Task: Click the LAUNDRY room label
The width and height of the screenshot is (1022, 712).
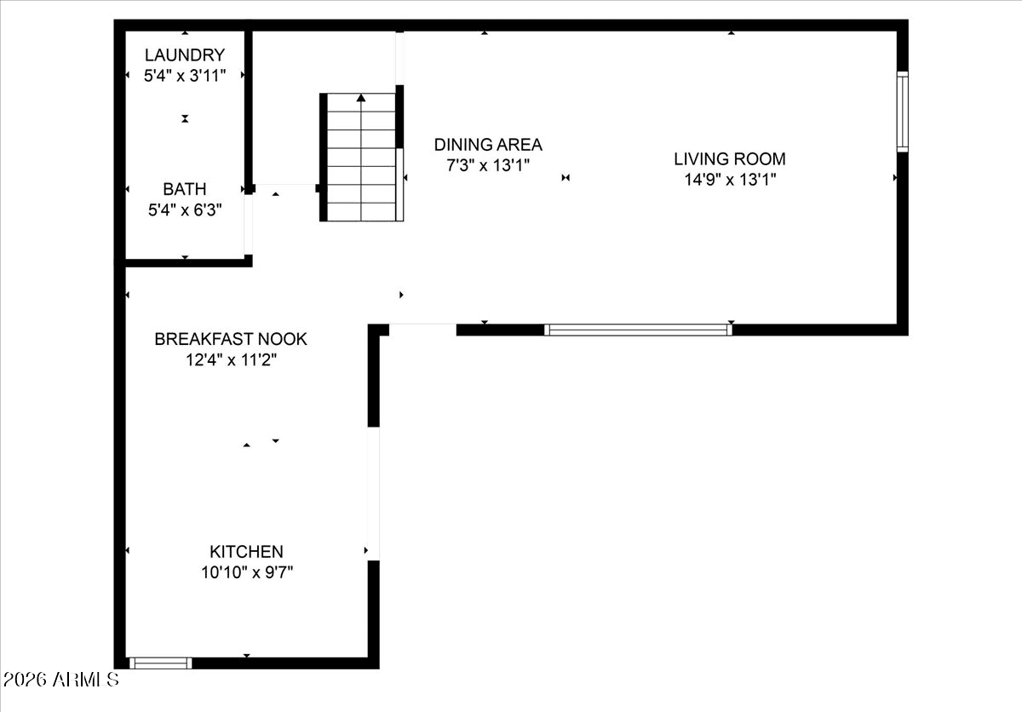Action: coord(185,55)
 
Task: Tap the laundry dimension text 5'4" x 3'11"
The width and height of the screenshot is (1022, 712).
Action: coord(185,75)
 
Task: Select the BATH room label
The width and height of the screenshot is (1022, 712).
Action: coord(185,189)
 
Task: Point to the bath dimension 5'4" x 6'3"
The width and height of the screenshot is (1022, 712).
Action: coord(185,210)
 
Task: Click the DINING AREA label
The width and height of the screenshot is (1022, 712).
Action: coord(488,145)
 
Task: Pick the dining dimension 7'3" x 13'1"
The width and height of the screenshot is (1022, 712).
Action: coord(488,164)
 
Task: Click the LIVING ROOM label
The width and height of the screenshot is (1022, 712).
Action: coord(730,158)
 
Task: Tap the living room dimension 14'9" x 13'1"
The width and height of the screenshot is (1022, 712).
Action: coord(730,179)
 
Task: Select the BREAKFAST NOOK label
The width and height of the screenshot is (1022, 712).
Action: coord(231,339)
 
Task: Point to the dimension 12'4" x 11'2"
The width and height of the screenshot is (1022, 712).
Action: coord(231,360)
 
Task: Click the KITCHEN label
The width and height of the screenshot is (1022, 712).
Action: coord(246,551)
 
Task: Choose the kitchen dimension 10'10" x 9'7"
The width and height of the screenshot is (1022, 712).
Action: coord(247,572)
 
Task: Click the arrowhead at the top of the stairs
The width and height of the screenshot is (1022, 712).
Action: coord(361,98)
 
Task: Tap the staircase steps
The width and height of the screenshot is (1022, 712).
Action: coord(361,158)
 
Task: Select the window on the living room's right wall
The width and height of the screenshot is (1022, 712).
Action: coord(903,112)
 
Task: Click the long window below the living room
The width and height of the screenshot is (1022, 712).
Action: coord(638,330)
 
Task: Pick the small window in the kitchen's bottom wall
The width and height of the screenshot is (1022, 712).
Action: coord(161,663)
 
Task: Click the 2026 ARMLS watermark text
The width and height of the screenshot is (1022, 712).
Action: coord(60,680)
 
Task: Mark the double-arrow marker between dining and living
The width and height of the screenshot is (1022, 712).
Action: coord(566,177)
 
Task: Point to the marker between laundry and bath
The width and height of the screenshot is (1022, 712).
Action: coord(185,118)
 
